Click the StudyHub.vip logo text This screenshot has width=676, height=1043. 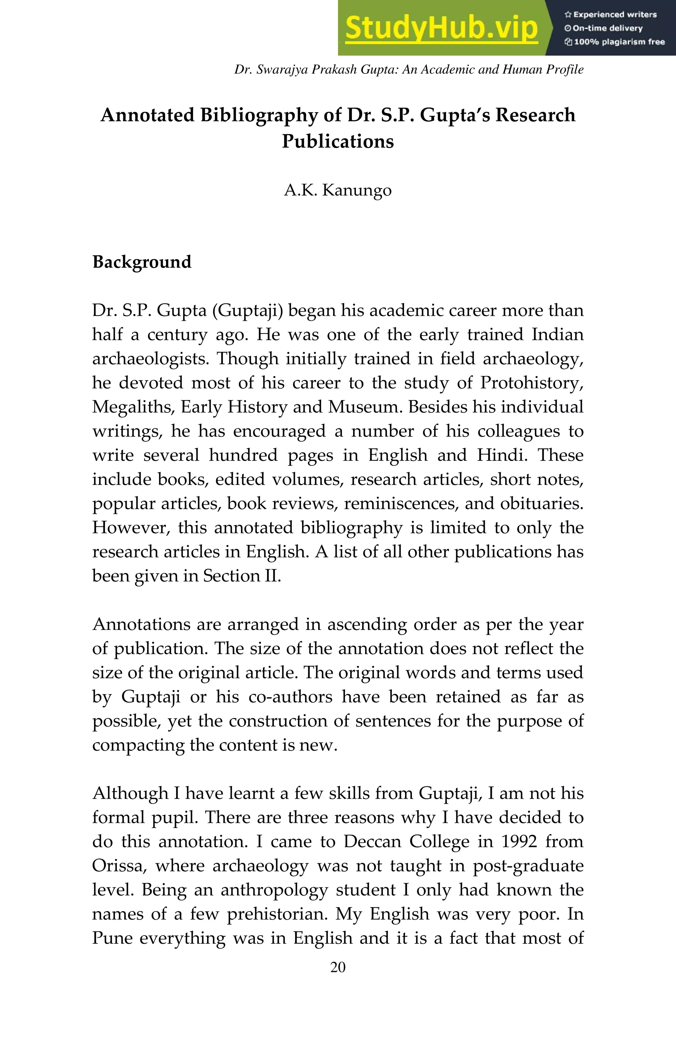click(441, 28)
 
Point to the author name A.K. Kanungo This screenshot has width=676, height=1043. click(338, 190)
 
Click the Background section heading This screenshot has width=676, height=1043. click(142, 262)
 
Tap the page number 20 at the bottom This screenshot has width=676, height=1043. click(338, 967)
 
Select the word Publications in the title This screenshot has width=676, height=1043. click(338, 141)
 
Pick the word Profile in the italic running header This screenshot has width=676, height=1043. click(567, 70)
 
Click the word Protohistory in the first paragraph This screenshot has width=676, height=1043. click(531, 383)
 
